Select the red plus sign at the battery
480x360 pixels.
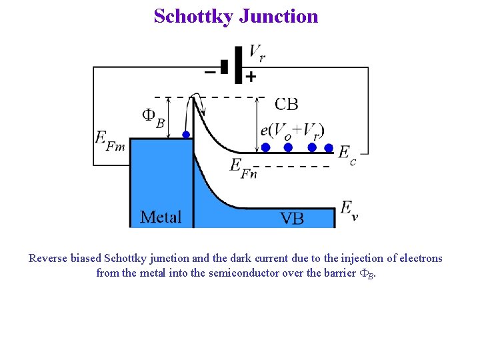click(251, 77)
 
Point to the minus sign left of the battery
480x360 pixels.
click(210, 71)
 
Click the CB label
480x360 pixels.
click(287, 103)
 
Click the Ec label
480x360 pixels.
click(347, 154)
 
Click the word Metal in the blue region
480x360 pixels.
click(161, 217)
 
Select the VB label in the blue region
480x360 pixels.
click(292, 218)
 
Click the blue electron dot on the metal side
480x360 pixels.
click(186, 134)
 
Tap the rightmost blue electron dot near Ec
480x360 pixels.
click(329, 147)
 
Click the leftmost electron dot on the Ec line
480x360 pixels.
click(265, 147)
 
